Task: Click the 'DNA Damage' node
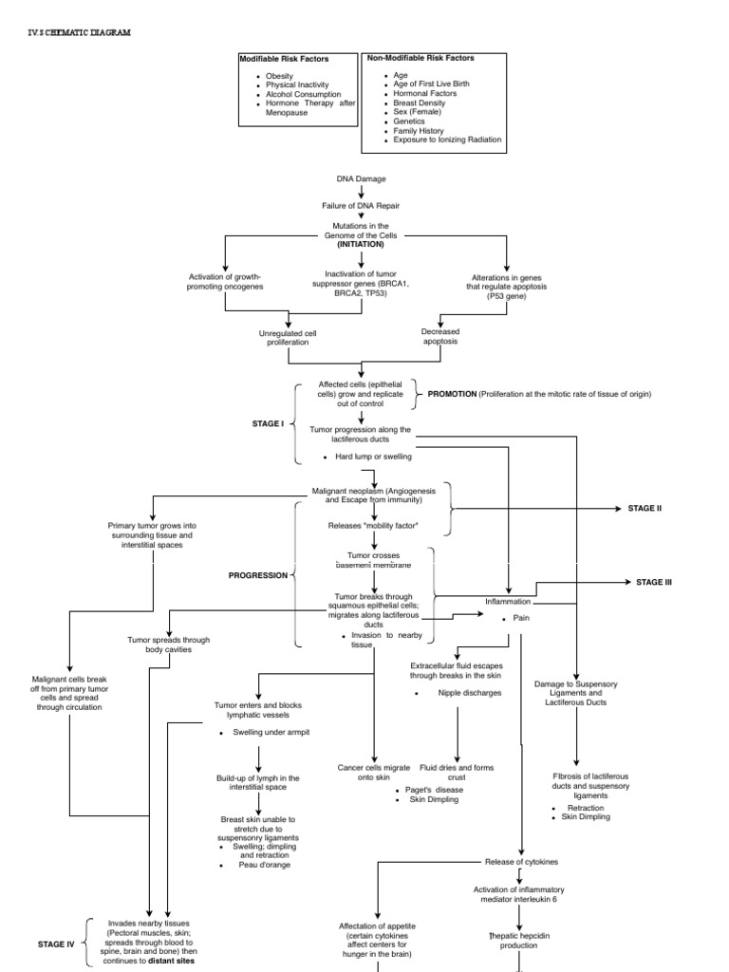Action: pyautogui.click(x=361, y=178)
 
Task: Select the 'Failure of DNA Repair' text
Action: pyautogui.click(x=361, y=205)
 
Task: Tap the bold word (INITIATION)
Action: pyautogui.click(x=361, y=244)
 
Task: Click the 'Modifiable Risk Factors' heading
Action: pyautogui.click(x=284, y=59)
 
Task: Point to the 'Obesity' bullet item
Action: pyautogui.click(x=280, y=76)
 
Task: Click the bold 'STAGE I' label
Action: pyautogui.click(x=268, y=422)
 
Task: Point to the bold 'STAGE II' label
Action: pyautogui.click(x=645, y=508)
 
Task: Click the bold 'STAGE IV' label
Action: pyautogui.click(x=56, y=944)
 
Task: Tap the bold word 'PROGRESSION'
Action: pyautogui.click(x=257, y=575)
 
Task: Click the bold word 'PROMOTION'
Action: pyautogui.click(x=452, y=393)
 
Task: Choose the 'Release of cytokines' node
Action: pyautogui.click(x=520, y=861)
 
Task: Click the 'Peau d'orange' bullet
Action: pyautogui.click(x=269, y=865)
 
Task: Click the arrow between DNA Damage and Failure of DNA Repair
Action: pyautogui.click(x=361, y=192)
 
